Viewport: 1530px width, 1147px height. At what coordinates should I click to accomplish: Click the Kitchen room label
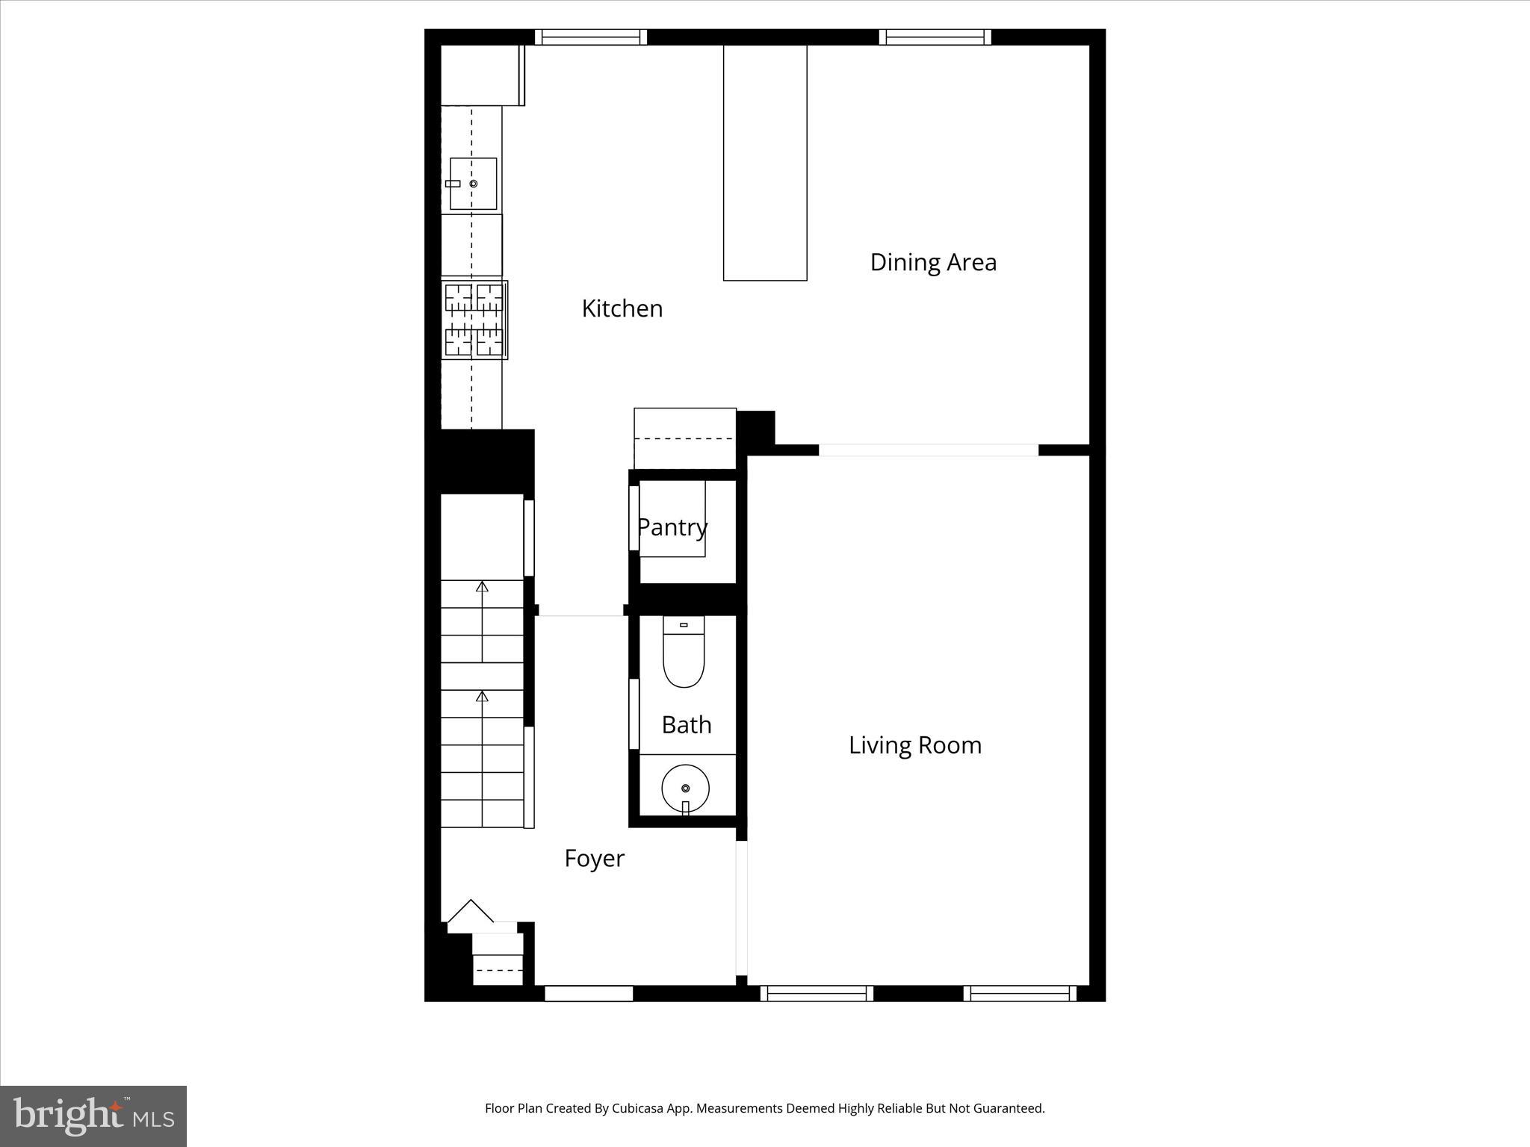coord(622,308)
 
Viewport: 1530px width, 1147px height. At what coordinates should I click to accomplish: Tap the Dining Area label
coord(933,262)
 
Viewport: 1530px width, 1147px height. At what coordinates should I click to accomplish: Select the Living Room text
coord(914,745)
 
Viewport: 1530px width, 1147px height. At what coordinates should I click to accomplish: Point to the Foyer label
coord(594,859)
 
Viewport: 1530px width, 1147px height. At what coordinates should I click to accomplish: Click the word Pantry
coord(672,527)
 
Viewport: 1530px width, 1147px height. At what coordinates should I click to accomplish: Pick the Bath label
coord(687,725)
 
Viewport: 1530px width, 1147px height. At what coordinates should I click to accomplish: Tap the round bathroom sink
coord(685,788)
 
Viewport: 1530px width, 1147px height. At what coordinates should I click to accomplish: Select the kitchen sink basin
coord(473,184)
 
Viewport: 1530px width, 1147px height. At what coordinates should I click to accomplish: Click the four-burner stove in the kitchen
coord(474,320)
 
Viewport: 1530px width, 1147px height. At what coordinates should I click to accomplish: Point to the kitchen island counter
coord(765,163)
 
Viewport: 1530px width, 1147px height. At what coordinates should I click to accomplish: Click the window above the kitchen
coord(591,37)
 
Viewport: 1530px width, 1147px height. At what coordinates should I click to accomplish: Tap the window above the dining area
coord(935,37)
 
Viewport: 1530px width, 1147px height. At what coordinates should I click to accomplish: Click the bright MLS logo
coord(93,1116)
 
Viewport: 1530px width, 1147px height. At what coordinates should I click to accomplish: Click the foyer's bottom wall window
coord(589,993)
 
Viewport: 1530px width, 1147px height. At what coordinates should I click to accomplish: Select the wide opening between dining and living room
coord(929,450)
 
